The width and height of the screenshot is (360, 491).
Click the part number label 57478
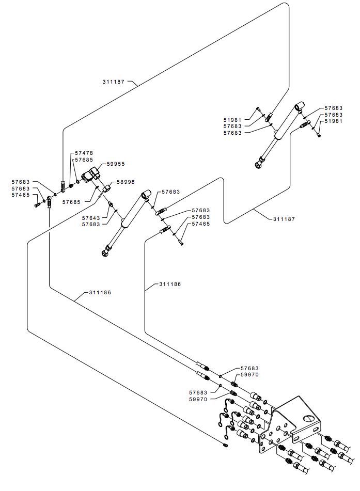[84, 153]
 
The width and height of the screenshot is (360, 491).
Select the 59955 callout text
[116, 164]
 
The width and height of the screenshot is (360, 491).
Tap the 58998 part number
[126, 182]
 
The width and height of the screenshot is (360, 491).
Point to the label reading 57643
[91, 217]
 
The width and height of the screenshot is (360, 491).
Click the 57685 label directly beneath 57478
[84, 160]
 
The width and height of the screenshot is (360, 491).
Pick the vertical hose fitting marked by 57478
[63, 184]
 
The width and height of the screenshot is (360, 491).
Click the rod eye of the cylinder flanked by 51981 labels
[258, 165]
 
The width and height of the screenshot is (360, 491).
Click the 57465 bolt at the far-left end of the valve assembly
[37, 205]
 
